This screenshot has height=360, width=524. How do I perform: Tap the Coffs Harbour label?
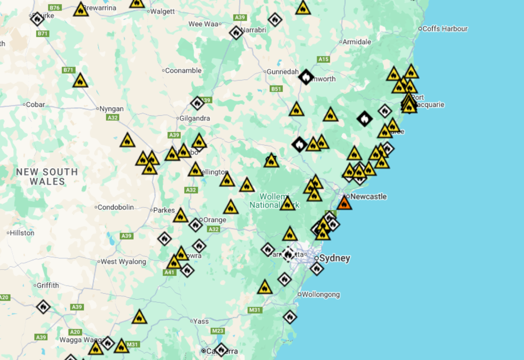pyautogui.click(x=445, y=29)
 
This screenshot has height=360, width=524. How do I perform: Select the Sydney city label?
pyautogui.click(x=334, y=258)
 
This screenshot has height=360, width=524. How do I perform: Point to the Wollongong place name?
pyautogui.click(x=321, y=295)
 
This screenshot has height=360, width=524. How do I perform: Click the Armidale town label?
pyautogui.click(x=357, y=42)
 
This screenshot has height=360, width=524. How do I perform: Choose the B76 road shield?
pyautogui.click(x=55, y=7)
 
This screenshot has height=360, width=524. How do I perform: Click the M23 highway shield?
pyautogui.click(x=217, y=331)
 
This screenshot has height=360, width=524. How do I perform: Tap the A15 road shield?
pyautogui.click(x=323, y=59)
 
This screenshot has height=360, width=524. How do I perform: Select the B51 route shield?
pyautogui.click(x=276, y=89)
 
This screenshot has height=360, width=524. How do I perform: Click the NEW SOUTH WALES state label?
pyautogui.click(x=47, y=177)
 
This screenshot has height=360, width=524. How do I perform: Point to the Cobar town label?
pyautogui.click(x=35, y=104)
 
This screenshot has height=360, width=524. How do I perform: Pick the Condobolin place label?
pyautogui.click(x=115, y=207)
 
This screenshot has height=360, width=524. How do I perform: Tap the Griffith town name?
pyautogui.click(x=48, y=286)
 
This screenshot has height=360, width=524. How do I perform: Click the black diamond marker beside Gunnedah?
pyautogui.click(x=306, y=77)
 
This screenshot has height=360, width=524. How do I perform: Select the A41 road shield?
pyautogui.click(x=169, y=272)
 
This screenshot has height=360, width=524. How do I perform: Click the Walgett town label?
pyautogui.click(x=163, y=11)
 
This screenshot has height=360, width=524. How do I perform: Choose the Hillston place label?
pyautogui.click(x=22, y=233)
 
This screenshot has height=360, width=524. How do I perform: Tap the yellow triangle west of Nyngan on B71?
pyautogui.click(x=80, y=81)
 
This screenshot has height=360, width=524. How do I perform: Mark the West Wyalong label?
pyautogui.click(x=123, y=261)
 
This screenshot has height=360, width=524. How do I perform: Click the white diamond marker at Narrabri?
pyautogui.click(x=236, y=33)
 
